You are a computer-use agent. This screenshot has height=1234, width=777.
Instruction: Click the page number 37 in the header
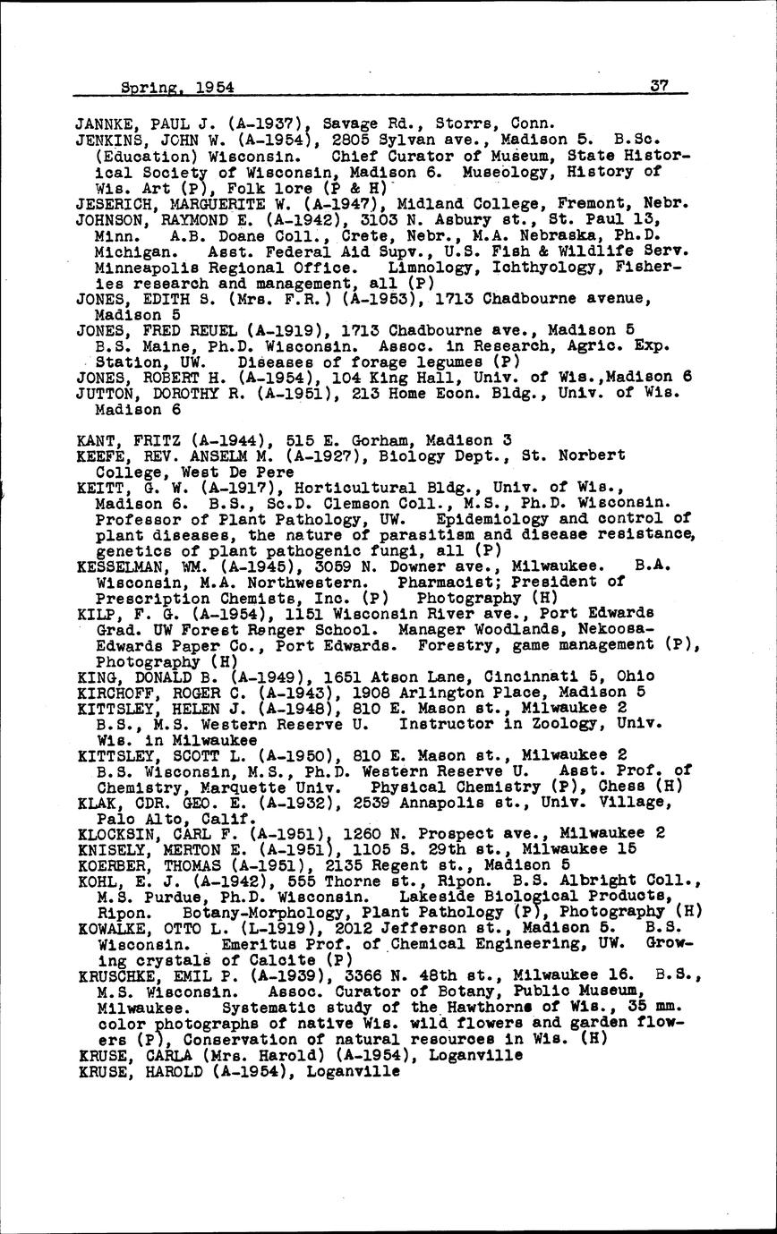661,87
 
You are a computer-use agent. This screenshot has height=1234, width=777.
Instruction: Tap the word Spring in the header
149,89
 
